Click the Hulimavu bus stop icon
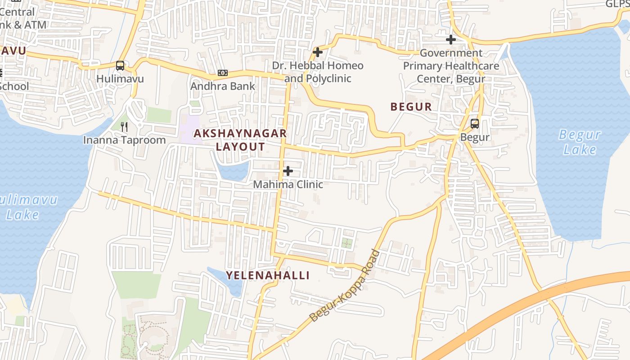(x=120, y=66)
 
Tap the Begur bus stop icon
(x=474, y=124)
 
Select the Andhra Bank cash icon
(x=222, y=73)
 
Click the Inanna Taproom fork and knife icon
(x=125, y=127)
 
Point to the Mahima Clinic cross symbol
(x=288, y=171)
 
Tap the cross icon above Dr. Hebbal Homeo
(x=318, y=52)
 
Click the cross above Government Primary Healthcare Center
(x=450, y=40)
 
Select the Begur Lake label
(x=580, y=142)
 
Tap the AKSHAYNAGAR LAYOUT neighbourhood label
(x=240, y=140)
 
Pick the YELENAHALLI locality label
(x=268, y=275)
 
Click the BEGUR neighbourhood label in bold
(x=411, y=107)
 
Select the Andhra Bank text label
(x=222, y=86)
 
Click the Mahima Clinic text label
(x=288, y=184)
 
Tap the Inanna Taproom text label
(x=125, y=140)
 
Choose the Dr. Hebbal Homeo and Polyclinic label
(x=318, y=72)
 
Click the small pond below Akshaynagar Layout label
(x=234, y=171)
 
